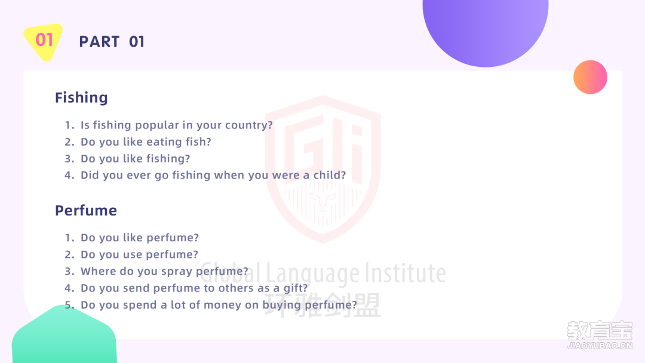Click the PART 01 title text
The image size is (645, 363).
112,42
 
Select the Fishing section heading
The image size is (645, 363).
81,98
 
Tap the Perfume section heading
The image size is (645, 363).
86,211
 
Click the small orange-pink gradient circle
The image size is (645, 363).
590,77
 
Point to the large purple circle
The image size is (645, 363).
486,29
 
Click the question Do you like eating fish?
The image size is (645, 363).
146,142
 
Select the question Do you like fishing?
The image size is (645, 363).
136,159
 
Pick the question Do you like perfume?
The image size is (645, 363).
140,238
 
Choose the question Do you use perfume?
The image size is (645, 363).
139,254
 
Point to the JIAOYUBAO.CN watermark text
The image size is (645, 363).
600,346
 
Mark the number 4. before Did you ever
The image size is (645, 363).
69,175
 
